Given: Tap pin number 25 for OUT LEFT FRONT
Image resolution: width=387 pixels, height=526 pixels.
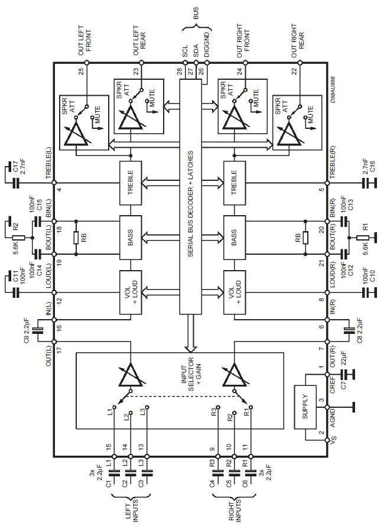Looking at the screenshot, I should click(81, 72).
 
